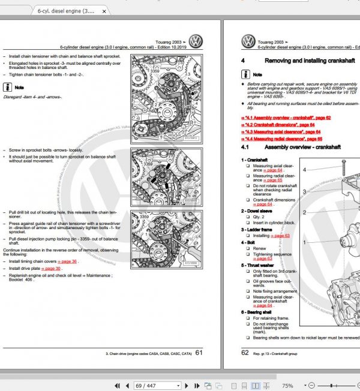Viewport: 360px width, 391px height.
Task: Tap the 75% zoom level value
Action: (287, 386)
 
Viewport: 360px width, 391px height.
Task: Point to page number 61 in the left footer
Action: (199, 353)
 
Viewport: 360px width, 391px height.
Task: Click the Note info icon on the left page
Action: (6, 87)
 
